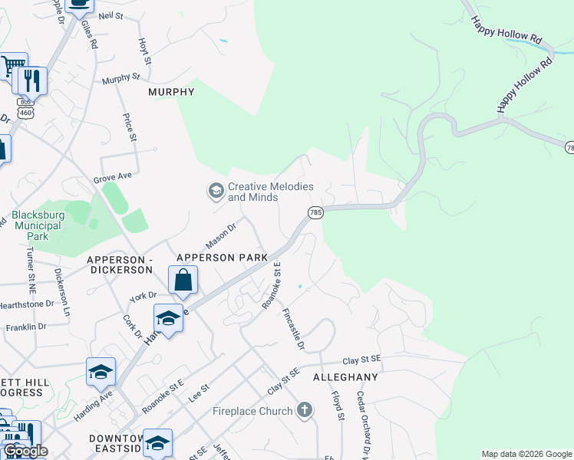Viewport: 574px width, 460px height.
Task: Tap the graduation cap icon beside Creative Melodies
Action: pos(216,189)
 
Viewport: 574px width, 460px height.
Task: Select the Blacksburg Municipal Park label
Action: pos(37,226)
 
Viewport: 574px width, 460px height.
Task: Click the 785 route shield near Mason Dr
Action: pos(315,212)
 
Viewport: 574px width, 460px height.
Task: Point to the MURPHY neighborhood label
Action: pos(171,92)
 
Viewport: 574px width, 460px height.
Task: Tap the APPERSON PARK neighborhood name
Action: pos(223,258)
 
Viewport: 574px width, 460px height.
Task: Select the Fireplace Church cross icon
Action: pos(305,410)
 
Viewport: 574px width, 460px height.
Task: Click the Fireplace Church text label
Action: pos(252,411)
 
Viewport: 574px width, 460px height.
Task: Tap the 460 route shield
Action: pos(26,112)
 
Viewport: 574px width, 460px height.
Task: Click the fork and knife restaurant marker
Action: pos(31,80)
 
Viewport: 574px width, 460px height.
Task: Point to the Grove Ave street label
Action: pos(113,177)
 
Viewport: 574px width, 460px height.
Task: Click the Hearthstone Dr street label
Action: pos(27,304)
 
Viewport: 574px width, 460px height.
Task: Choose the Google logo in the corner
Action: pos(25,451)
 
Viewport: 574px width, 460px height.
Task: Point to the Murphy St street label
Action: pos(121,78)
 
